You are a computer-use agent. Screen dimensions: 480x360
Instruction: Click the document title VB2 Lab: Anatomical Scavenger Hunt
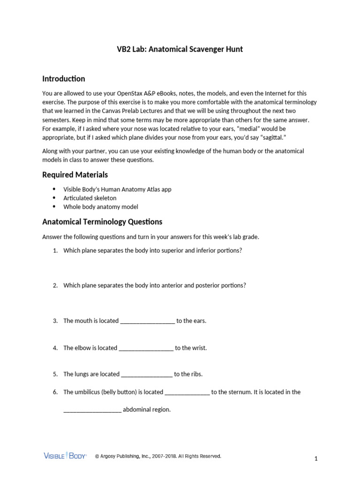(180, 49)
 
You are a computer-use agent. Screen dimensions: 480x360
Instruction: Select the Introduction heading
(64, 78)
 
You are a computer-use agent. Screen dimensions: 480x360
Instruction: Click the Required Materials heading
(75, 174)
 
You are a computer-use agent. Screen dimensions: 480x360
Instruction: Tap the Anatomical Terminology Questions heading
(102, 221)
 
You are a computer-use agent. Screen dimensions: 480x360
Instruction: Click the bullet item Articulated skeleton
(90, 198)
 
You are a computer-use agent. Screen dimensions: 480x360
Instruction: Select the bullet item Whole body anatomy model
(101, 207)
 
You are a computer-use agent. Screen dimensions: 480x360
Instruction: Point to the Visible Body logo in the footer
(65, 456)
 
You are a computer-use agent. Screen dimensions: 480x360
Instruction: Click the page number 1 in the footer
(316, 459)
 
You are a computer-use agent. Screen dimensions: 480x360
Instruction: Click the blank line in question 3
(148, 322)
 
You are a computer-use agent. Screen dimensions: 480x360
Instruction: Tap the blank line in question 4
(146, 348)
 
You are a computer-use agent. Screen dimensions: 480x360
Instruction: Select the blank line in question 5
(147, 375)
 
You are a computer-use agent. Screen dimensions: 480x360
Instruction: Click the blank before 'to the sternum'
(187, 393)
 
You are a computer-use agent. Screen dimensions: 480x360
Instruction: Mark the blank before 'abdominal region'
(92, 410)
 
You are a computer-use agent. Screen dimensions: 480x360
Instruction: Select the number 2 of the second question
(55, 285)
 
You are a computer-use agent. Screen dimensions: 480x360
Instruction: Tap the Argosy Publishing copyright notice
(158, 456)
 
